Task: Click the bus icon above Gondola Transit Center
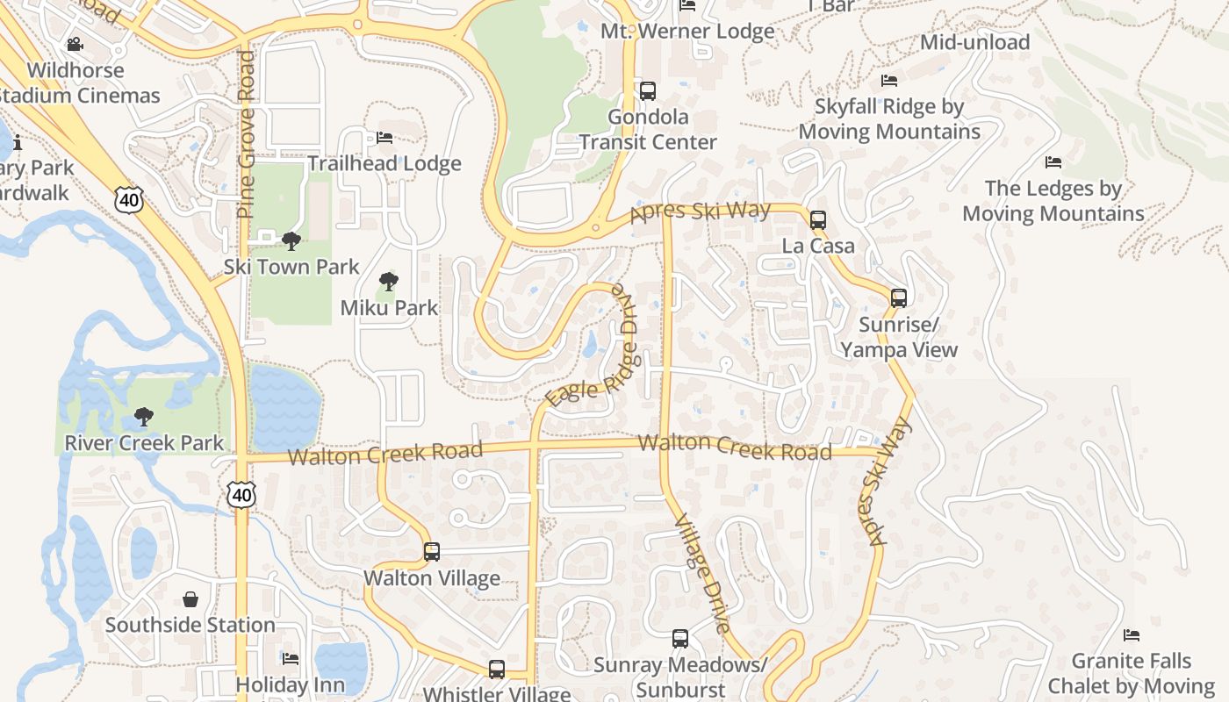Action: [x=648, y=90]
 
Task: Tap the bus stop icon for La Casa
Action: [x=818, y=219]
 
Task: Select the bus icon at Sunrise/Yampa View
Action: [x=899, y=297]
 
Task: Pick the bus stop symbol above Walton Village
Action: [x=431, y=551]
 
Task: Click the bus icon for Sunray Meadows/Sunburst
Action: [x=680, y=638]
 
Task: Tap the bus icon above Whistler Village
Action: [x=497, y=669]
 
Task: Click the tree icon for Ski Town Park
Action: [x=291, y=240]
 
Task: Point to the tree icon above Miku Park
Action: [x=388, y=282]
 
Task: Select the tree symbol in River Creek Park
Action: [x=144, y=417]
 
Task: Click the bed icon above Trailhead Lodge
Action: [x=385, y=137]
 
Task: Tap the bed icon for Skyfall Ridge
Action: [x=889, y=81]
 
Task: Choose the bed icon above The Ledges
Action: [x=1053, y=161]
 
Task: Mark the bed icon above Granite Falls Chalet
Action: [x=1132, y=634]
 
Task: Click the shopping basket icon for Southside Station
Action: [x=190, y=599]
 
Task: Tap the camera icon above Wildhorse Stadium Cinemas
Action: [x=75, y=44]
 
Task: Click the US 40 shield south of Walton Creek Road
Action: [x=241, y=494]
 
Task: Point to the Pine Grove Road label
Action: [x=246, y=133]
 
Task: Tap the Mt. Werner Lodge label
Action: [x=687, y=32]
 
